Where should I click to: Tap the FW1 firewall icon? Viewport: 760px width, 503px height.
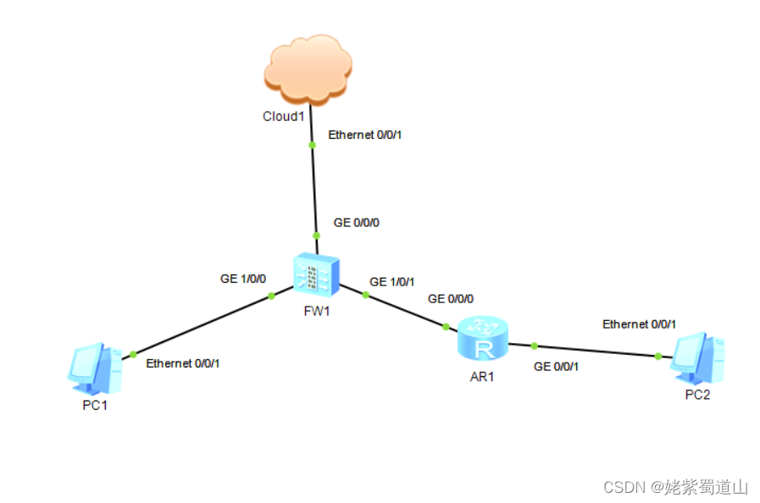point(316,273)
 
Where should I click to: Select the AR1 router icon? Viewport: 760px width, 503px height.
point(482,338)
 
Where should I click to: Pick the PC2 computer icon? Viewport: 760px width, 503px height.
point(696,358)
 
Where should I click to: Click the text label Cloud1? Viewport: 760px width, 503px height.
point(283,116)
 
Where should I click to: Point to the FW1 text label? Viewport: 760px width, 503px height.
point(315,310)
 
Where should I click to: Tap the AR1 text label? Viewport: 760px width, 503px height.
point(481,376)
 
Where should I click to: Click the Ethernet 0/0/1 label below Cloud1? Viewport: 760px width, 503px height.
point(364,135)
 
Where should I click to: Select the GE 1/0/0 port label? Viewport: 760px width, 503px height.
point(243,279)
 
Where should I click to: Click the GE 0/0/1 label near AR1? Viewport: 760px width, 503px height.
point(556,366)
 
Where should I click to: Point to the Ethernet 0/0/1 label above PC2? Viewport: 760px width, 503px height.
point(639,323)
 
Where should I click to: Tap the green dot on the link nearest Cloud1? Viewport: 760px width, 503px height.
point(312,145)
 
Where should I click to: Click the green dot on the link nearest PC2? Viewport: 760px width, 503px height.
point(658,357)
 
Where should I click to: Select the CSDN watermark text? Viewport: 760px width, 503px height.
point(674,486)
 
